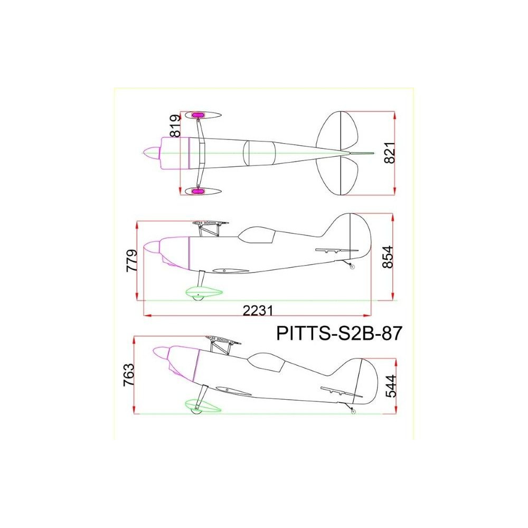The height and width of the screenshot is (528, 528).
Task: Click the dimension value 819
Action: tap(175, 126)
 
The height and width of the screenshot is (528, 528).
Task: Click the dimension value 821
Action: tap(390, 153)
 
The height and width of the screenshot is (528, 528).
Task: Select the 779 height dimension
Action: tap(131, 260)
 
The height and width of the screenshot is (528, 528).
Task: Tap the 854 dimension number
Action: tap(388, 257)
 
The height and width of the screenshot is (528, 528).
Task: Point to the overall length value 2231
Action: tap(258, 310)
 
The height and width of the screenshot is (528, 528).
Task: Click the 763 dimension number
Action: tap(129, 375)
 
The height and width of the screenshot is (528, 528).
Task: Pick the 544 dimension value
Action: tap(391, 386)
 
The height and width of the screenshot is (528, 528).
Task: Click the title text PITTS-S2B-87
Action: tap(339, 333)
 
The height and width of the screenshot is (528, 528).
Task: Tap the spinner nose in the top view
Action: tap(151, 153)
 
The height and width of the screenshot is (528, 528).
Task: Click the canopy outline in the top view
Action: tap(259, 153)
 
